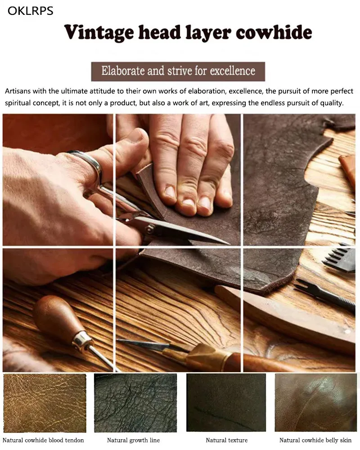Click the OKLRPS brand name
(31, 11)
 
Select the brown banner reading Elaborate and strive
(178, 71)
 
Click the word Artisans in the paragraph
(18, 91)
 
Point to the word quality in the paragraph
(330, 103)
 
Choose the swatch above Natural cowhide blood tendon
(45, 403)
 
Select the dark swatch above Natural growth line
(135, 403)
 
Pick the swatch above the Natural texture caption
(226, 402)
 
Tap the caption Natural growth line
(134, 440)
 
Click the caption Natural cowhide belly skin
(315, 440)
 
